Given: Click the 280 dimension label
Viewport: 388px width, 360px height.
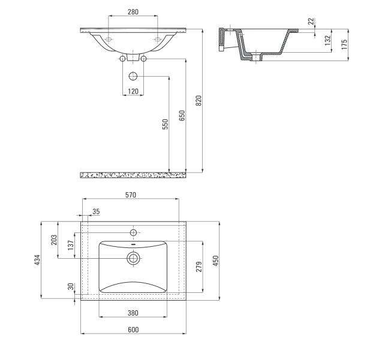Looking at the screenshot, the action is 133,12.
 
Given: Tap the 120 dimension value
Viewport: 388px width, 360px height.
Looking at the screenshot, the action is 133,92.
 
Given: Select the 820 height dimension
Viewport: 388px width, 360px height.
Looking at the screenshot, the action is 198,101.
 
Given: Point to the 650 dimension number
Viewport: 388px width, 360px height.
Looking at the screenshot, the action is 182,116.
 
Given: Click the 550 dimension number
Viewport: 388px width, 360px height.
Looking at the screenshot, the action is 166,124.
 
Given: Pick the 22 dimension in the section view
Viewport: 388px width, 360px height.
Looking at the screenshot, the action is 311,21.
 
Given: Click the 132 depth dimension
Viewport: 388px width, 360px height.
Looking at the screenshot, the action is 327,41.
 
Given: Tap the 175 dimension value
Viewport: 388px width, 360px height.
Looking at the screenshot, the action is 344,44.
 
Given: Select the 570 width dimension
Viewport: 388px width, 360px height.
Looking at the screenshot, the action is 131,195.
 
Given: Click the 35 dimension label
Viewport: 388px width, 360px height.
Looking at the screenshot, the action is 96,211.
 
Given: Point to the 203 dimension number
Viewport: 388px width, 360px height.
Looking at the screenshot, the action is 54,240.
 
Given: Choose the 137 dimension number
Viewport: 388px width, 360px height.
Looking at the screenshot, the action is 71,246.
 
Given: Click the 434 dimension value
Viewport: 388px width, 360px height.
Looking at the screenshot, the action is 37,260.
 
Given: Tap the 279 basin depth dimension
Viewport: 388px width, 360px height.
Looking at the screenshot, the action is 199,267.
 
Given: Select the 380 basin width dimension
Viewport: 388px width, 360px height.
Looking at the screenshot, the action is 133,313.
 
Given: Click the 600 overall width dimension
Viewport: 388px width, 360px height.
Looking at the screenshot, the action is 133,330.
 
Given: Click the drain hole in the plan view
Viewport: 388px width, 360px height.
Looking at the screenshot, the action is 133,258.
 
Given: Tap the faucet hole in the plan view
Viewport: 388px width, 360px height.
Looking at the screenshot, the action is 133,232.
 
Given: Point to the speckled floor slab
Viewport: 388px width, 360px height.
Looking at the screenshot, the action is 133,175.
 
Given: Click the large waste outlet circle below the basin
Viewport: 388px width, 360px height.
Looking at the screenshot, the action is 133,76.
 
